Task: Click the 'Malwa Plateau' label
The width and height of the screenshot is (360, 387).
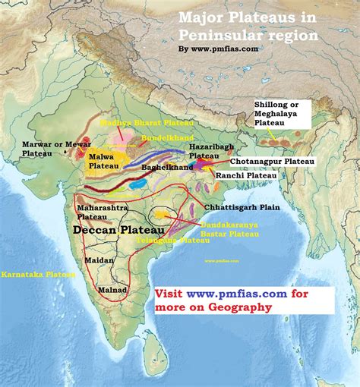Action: pyautogui.click(x=103, y=160)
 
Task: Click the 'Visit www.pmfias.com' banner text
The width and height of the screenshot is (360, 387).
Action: pyautogui.click(x=214, y=294)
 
